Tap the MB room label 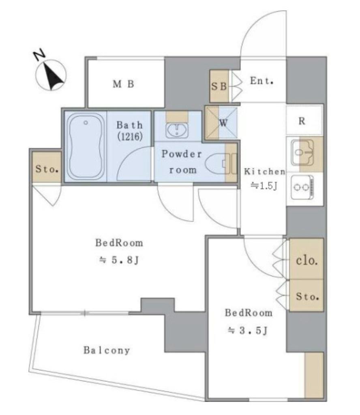click(123, 84)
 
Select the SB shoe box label click(219, 86)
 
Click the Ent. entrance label click(261, 81)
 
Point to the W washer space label click(223, 123)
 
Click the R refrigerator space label click(302, 121)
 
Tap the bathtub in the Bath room click(86, 147)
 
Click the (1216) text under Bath click(130, 136)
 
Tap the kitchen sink click(302, 152)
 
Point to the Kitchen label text click(265, 171)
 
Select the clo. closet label click(307, 261)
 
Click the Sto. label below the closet click(307, 297)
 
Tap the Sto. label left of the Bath click(47, 169)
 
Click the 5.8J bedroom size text click(119, 260)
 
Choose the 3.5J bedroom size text click(248, 330)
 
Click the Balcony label click(107, 350)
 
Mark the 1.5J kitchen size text click(264, 186)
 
